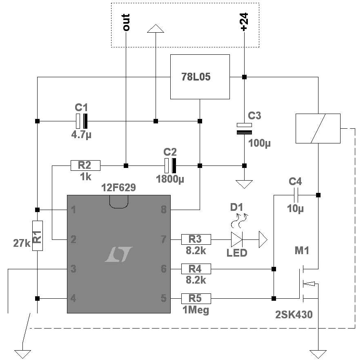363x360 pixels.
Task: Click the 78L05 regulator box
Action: point(199,77)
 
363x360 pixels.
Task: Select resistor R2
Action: point(85,165)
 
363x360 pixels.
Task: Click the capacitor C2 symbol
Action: point(170,165)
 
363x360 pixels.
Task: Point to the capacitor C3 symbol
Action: point(244,129)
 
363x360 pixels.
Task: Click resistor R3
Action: point(196,239)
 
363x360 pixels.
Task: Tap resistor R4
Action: point(196,269)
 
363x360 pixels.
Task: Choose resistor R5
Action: point(196,298)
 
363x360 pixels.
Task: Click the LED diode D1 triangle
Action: point(237,239)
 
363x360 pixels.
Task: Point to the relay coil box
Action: point(318,128)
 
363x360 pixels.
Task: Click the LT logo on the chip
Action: point(118,254)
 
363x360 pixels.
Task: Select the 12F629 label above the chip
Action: point(119,188)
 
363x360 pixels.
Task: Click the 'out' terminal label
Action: point(126,22)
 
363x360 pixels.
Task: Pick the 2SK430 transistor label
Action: point(294,315)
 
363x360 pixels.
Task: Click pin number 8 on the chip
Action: point(164,210)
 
